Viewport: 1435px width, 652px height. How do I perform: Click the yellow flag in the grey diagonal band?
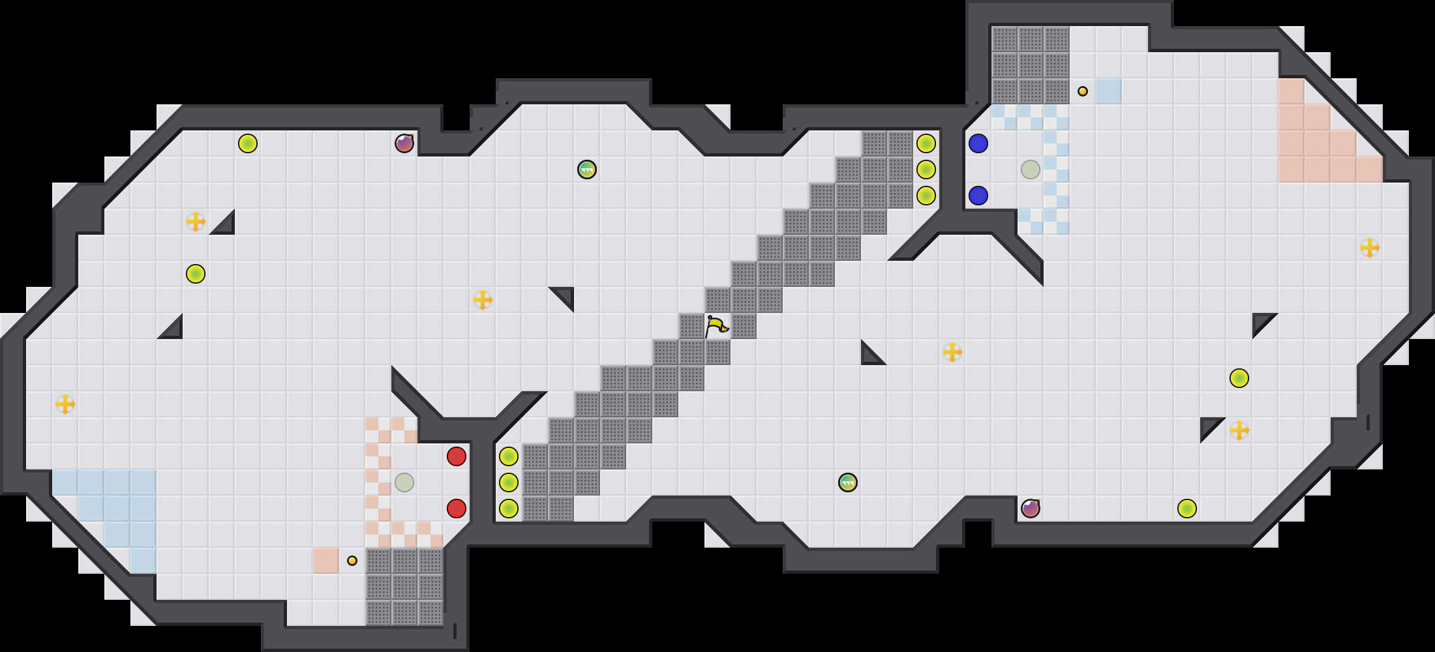(x=716, y=325)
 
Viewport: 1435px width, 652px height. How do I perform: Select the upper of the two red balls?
(x=457, y=456)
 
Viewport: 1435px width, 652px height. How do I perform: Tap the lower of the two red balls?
(x=457, y=509)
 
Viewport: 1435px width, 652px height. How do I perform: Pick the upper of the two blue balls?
(x=978, y=143)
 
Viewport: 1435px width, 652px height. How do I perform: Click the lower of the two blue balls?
(x=978, y=196)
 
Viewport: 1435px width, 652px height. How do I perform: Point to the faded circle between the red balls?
(x=404, y=482)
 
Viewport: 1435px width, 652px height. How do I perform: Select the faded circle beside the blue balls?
(x=1031, y=170)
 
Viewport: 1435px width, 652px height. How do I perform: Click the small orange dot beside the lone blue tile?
(x=1083, y=91)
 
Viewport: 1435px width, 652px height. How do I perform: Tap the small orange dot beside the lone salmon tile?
(x=352, y=561)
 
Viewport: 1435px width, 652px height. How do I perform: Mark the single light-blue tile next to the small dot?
(x=1109, y=91)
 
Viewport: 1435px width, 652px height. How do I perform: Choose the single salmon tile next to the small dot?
(x=326, y=561)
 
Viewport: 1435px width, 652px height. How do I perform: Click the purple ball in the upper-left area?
(x=404, y=143)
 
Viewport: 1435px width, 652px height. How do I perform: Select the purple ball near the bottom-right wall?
(x=1031, y=509)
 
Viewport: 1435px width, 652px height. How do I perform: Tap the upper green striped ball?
(x=587, y=170)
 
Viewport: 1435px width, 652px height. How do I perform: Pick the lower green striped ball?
(x=848, y=482)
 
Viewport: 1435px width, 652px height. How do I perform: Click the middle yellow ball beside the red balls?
(x=509, y=482)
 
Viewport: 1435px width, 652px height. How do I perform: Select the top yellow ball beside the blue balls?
(x=926, y=143)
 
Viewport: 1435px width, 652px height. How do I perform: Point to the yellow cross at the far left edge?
(x=65, y=404)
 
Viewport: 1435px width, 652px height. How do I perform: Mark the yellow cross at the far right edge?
(x=1370, y=248)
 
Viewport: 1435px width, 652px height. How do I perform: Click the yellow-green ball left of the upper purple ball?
(x=248, y=143)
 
